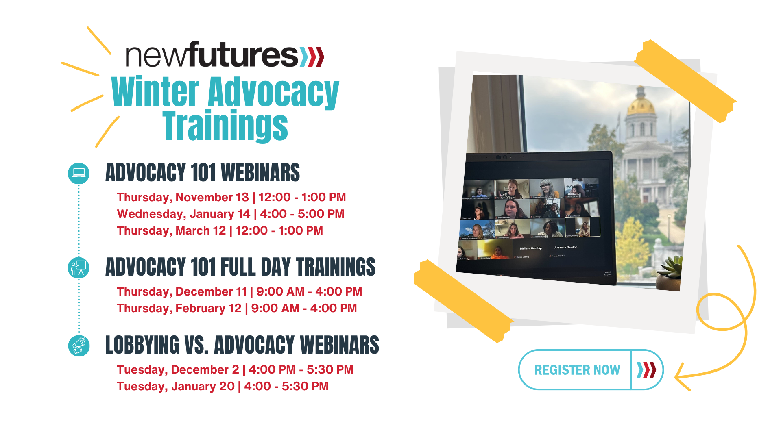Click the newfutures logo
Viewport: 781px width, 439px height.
tap(225, 55)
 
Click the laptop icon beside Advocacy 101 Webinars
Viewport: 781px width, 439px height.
tap(79, 173)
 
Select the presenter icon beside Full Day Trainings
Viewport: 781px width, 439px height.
tap(79, 268)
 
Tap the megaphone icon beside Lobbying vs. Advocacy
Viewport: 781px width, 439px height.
tap(79, 346)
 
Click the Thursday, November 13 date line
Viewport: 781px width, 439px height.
tap(231, 197)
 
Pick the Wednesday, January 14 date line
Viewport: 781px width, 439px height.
tap(230, 214)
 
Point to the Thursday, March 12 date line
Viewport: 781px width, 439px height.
tap(220, 230)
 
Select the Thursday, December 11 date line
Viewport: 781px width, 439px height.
tap(239, 291)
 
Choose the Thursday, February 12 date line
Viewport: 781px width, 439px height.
tap(236, 308)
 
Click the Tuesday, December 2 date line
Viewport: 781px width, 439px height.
tap(235, 369)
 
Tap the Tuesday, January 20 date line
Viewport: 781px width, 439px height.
tap(222, 386)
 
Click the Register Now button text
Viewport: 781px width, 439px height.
tap(577, 370)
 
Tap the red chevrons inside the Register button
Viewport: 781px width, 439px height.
tap(646, 370)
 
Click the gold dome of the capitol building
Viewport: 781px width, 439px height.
tap(641, 105)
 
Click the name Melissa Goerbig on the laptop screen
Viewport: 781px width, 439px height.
tap(531, 248)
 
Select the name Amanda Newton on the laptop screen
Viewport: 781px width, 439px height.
tap(566, 247)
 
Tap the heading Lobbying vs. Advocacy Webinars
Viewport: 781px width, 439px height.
tap(242, 345)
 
